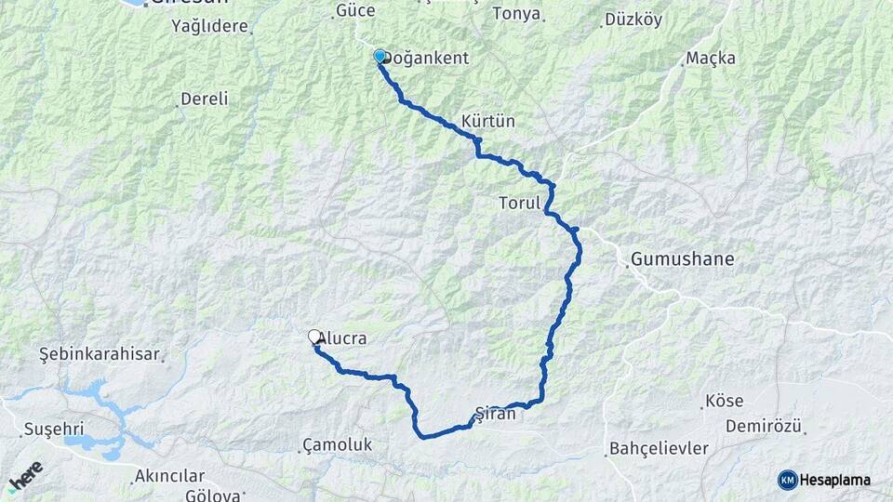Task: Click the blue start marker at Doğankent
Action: pos(380,57)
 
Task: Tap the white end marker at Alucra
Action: pos(315,338)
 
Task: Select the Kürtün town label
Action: pos(487,122)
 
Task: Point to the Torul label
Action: pos(519,203)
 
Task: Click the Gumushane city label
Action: pos(682,259)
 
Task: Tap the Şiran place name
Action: pos(495,415)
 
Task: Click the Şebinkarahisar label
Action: pos(100,355)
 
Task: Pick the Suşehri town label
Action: pos(53,431)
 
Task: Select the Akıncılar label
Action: pos(168,476)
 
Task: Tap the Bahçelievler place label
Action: pos(659,449)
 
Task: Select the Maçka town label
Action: pos(710,59)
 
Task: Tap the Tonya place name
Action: pos(516,14)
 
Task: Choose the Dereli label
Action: pos(205,99)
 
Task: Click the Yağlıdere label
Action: pos(210,26)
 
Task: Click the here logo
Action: pos(25,476)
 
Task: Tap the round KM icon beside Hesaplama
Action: pos(788,480)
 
